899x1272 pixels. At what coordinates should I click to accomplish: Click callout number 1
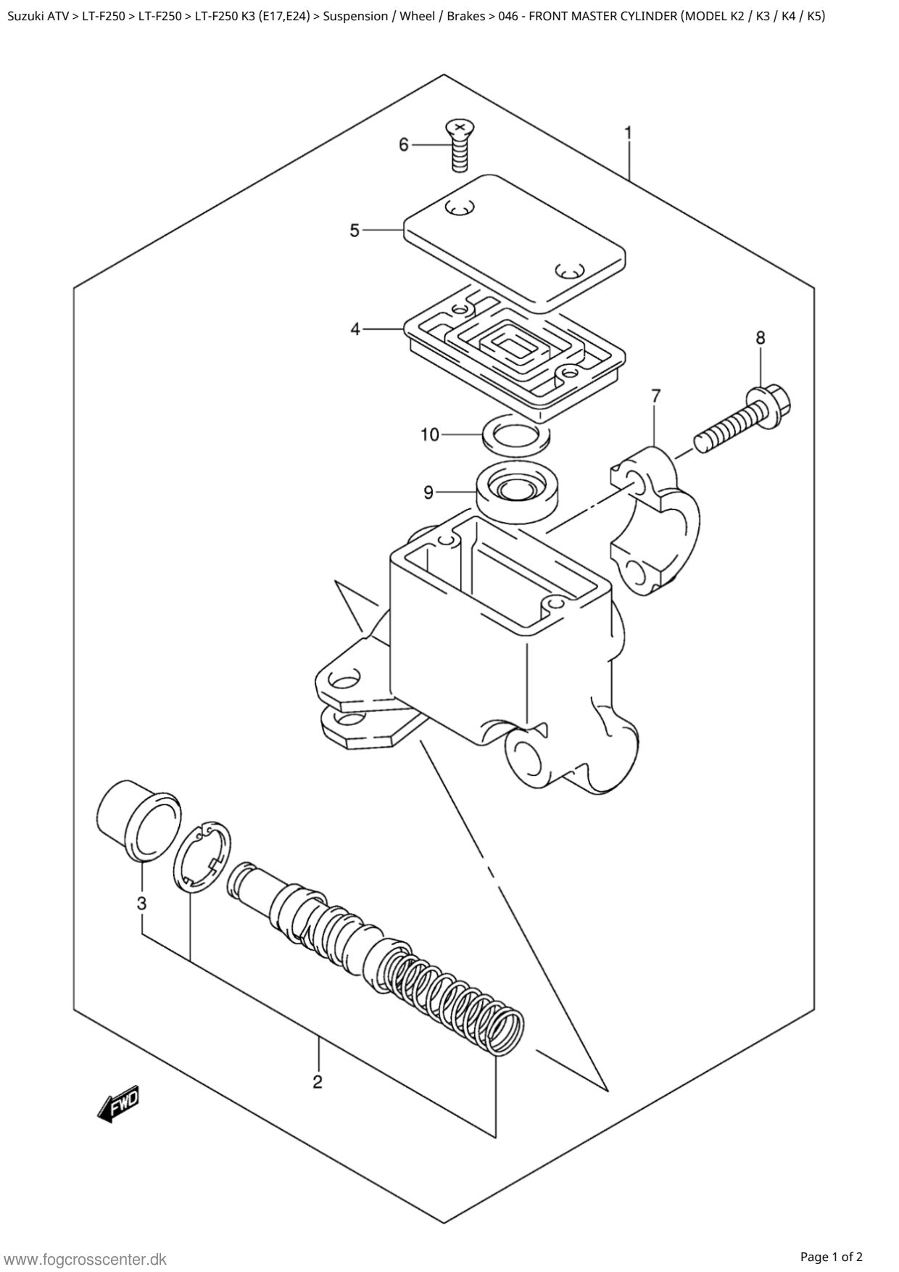click(628, 133)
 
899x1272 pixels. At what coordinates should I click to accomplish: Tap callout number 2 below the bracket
click(318, 1083)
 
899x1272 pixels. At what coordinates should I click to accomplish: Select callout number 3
click(141, 904)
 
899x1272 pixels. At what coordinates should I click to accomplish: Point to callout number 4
click(355, 329)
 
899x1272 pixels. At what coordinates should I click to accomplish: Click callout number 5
click(355, 231)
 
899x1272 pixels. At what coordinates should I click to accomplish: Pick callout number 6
click(404, 145)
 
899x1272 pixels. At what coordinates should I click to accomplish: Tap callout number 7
click(655, 396)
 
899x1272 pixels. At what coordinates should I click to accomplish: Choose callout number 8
click(760, 337)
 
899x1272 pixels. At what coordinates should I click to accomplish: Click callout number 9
click(428, 493)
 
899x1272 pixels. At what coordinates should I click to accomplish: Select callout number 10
click(430, 434)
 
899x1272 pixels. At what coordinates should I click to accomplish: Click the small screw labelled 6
click(458, 146)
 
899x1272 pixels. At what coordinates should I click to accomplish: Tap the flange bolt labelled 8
click(742, 421)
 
